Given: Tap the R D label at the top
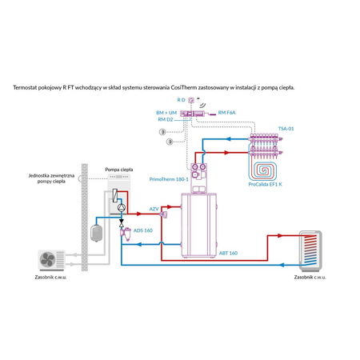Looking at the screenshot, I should [181, 99].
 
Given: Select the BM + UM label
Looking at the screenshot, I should [167, 114].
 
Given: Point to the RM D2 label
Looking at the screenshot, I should [166, 120].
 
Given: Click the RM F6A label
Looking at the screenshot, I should [227, 114].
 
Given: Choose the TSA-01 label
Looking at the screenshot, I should [286, 128].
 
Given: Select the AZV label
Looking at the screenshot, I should [154, 208].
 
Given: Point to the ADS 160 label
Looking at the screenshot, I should [143, 230].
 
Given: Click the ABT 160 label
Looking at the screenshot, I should [228, 253].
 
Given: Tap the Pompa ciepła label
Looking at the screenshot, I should [118, 170].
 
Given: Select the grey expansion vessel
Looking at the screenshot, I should [96, 230].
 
